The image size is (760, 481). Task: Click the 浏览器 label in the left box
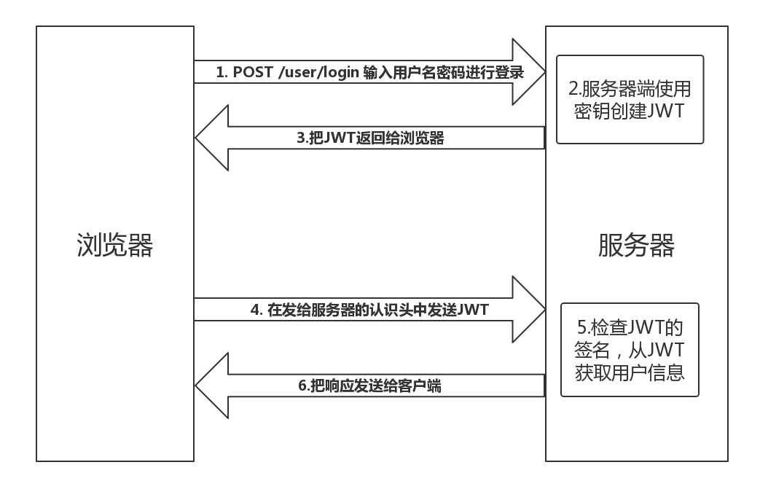(114, 245)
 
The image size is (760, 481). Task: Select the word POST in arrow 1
(253, 72)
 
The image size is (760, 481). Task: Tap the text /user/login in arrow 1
(318, 72)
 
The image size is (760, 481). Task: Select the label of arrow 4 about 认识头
(369, 309)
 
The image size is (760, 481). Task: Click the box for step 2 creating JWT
(630, 99)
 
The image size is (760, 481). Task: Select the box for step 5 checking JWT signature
(629, 349)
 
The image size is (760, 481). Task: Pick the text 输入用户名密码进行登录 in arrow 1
(443, 72)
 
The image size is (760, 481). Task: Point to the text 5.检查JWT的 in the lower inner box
(629, 324)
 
